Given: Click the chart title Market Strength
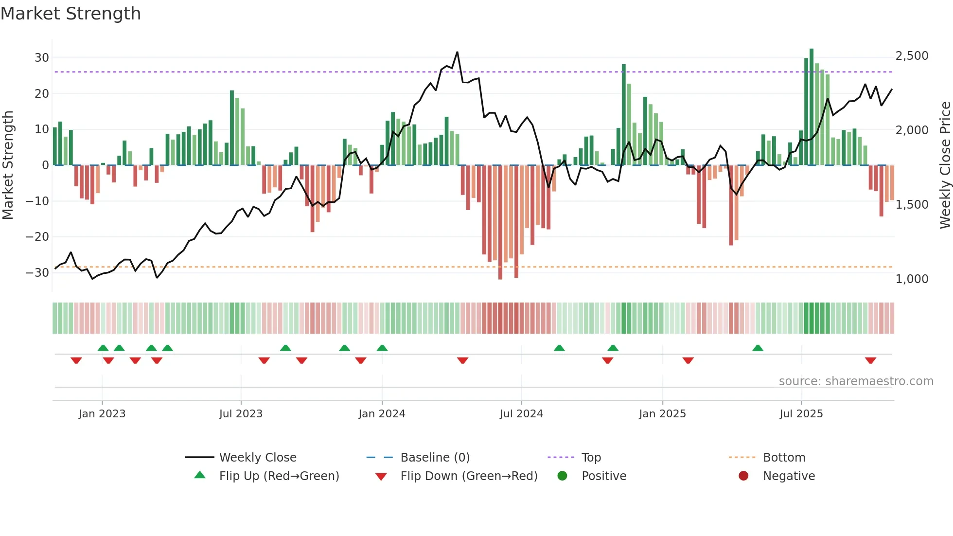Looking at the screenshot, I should point(71,14).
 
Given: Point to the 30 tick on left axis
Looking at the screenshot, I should point(42,58).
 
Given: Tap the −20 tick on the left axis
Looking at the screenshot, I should point(37,237).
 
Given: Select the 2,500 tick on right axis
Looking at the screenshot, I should point(912,56).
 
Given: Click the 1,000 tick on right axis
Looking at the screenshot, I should point(912,279).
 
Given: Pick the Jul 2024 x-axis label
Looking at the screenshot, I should point(521,414).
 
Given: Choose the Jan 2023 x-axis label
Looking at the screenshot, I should point(102,414).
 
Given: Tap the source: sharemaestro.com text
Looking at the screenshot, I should point(856,381).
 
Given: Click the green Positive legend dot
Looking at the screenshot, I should point(563,476).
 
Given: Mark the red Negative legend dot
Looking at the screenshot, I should point(743,476).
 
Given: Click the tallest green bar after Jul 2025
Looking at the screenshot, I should point(812,107).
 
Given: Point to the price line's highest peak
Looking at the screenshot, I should point(457,52).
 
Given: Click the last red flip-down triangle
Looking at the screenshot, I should point(870,360).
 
